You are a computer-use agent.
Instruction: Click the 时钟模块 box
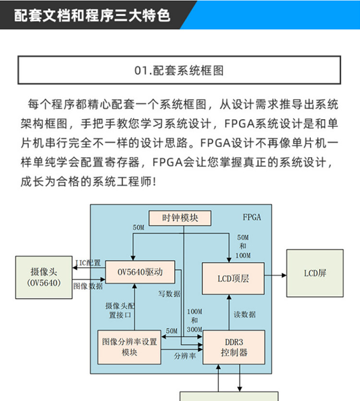180,218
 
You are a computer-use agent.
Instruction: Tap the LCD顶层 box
233,279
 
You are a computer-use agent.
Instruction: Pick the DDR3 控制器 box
234,347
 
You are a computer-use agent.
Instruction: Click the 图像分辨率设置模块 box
130,347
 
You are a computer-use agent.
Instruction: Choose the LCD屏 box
315,273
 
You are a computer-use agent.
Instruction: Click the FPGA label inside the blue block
252,217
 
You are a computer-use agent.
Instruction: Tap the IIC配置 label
88,263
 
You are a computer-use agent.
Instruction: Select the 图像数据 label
88,285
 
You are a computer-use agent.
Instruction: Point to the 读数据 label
245,315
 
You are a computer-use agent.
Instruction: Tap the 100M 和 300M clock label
194,320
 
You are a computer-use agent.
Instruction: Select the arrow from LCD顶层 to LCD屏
275,275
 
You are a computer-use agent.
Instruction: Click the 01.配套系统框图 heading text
179,71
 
